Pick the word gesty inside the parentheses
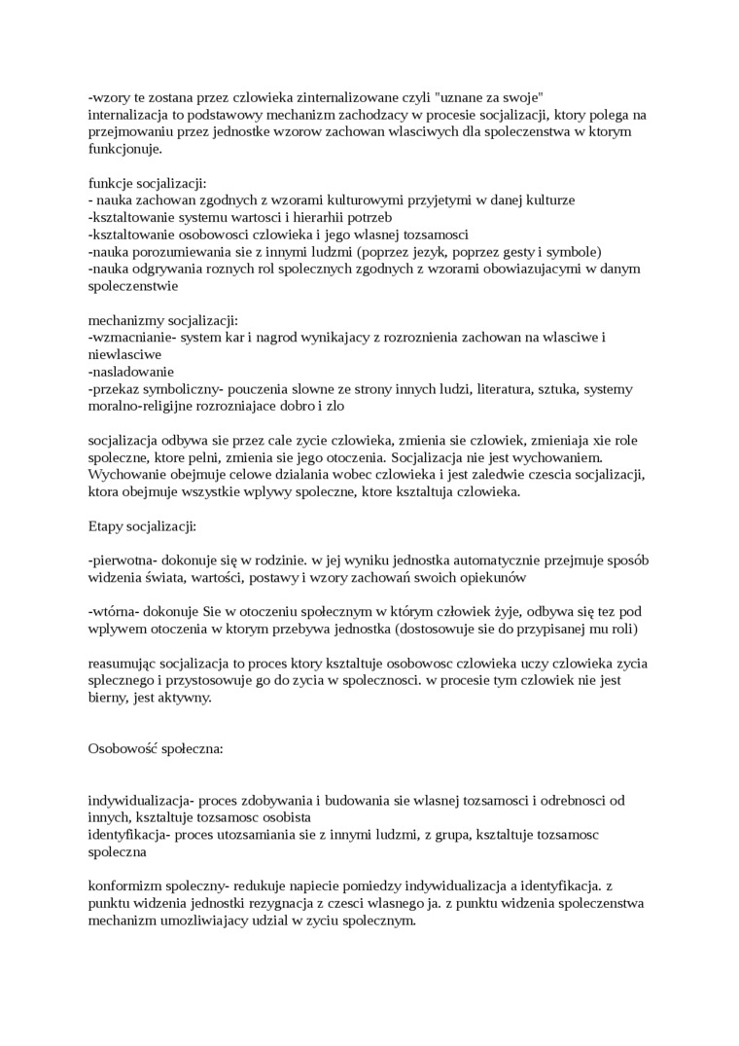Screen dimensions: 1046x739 pyautogui.click(x=517, y=251)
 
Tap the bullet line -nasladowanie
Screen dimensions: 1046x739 pyautogui.click(x=131, y=372)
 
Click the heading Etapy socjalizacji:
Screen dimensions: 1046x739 pyautogui.click(x=142, y=526)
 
